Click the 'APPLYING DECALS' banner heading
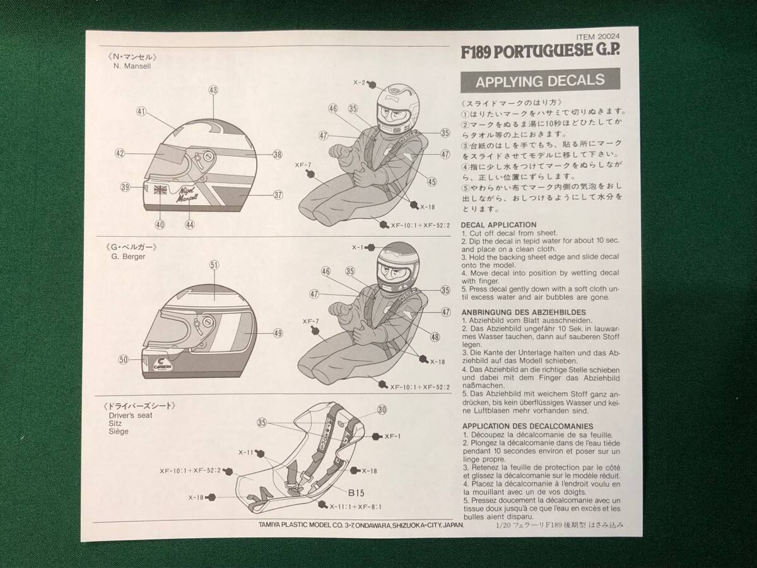[540, 81]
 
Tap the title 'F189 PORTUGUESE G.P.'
[541, 51]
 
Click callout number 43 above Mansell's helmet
[213, 90]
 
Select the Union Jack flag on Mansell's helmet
[160, 190]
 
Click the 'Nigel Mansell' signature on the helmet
[187, 194]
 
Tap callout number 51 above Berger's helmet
[214, 265]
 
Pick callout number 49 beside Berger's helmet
[278, 333]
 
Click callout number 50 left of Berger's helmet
[124, 360]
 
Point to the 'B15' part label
[356, 493]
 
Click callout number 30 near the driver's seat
[382, 410]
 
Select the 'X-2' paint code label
[359, 83]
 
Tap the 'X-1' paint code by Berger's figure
[357, 247]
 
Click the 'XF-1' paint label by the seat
[392, 437]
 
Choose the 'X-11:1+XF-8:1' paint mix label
[355, 507]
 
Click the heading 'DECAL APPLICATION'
[498, 225]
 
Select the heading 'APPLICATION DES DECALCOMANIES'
[527, 426]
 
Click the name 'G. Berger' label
[128, 257]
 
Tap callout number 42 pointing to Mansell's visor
[120, 153]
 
